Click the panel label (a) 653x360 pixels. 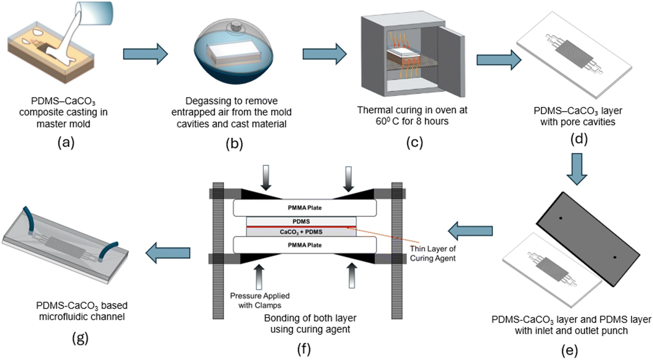pyautogui.click(x=66, y=143)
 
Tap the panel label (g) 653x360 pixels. pyautogui.click(x=80, y=338)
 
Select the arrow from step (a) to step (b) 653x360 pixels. pyautogui.click(x=145, y=54)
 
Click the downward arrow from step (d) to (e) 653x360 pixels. pyautogui.click(x=576, y=168)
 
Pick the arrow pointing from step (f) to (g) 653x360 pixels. pyautogui.click(x=168, y=253)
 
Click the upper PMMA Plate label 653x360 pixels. pyautogui.click(x=304, y=208)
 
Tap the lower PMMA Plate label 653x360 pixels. pyautogui.click(x=304, y=245)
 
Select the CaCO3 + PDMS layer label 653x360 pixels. pyautogui.click(x=301, y=232)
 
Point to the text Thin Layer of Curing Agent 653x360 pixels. pyautogui.click(x=433, y=254)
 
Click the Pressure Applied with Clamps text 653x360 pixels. pyautogui.click(x=260, y=300)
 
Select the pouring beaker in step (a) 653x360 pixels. pyautogui.click(x=96, y=13)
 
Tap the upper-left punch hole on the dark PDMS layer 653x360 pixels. pyautogui.click(x=561, y=218)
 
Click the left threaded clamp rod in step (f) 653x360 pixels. pyautogui.click(x=218, y=251)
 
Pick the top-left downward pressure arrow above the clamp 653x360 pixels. pyautogui.click(x=266, y=177)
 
